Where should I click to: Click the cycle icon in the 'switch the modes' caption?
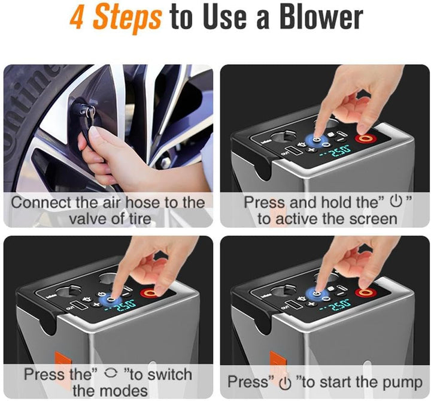(111, 373)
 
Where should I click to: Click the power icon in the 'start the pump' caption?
(285, 383)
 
